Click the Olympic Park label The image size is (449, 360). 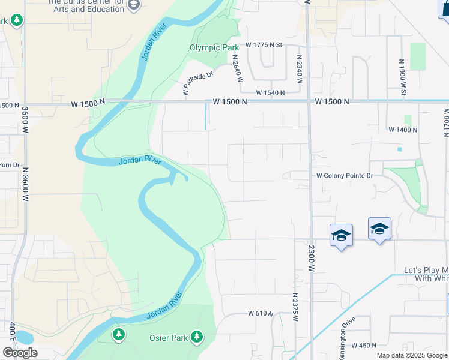pyautogui.click(x=210, y=47)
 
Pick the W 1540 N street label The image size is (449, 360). pyautogui.click(x=270, y=92)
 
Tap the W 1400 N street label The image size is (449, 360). pyautogui.click(x=403, y=130)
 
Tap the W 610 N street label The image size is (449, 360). pyautogui.click(x=261, y=314)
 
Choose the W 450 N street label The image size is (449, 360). pyautogui.click(x=364, y=345)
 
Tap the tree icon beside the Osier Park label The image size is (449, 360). pyautogui.click(x=196, y=337)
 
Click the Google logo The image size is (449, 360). pyautogui.click(x=19, y=352)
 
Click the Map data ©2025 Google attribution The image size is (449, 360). pyautogui.click(x=412, y=355)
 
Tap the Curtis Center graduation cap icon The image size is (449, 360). pyautogui.click(x=134, y=6)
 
